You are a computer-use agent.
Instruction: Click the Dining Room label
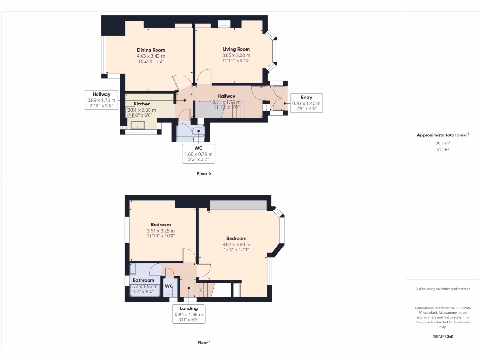pyautogui.click(x=151, y=50)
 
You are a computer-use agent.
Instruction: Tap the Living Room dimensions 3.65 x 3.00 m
pyautogui.click(x=236, y=55)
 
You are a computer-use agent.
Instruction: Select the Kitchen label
pyautogui.click(x=142, y=104)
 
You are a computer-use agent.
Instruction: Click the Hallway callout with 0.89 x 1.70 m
pyautogui.click(x=101, y=100)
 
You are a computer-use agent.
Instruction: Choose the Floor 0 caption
pyautogui.click(x=204, y=173)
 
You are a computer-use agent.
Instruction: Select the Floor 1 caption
pyautogui.click(x=204, y=343)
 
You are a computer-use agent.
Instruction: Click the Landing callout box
pyautogui.click(x=189, y=314)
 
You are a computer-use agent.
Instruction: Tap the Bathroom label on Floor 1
pyautogui.click(x=143, y=280)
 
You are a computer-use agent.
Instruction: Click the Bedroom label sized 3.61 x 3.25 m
pyautogui.click(x=161, y=225)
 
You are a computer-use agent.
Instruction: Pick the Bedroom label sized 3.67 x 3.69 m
pyautogui.click(x=236, y=238)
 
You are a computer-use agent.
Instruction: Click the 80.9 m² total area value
pyautogui.click(x=442, y=143)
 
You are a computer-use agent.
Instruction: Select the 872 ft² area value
pyautogui.click(x=442, y=150)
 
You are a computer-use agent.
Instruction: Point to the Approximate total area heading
pyautogui.click(x=442, y=135)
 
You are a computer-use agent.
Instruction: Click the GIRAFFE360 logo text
pyautogui.click(x=442, y=336)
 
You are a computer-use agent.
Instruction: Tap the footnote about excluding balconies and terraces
pyautogui.click(x=442, y=289)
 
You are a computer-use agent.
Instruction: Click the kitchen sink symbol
pyautogui.click(x=138, y=125)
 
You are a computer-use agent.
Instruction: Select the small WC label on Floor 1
pyautogui.click(x=169, y=285)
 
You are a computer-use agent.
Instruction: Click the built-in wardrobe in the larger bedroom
pyautogui.click(x=238, y=205)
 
